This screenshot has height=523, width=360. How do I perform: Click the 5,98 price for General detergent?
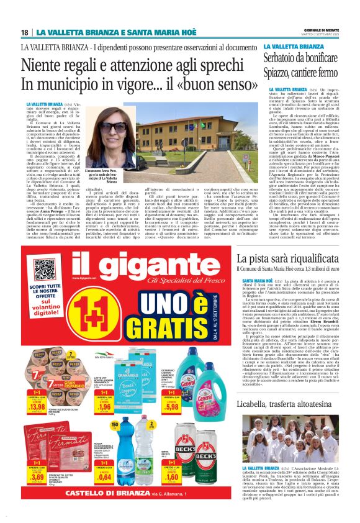coord(173,392)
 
